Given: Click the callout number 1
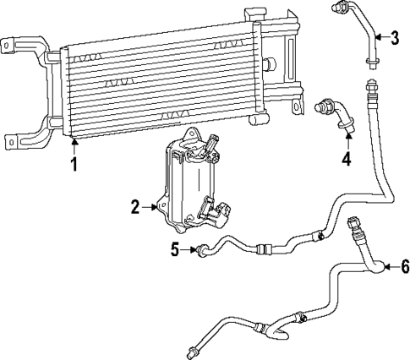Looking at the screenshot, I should (x=74, y=165).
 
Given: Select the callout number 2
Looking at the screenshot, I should (x=134, y=205).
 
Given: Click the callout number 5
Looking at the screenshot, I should (x=176, y=249).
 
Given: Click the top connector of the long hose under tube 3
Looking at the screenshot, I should (x=369, y=85).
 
